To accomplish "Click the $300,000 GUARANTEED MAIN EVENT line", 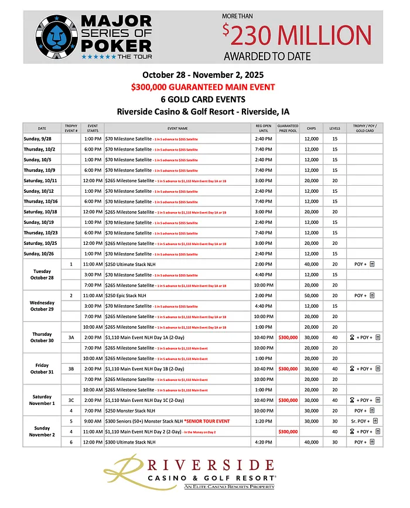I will (202, 87).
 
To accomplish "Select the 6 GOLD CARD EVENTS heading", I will (202, 99).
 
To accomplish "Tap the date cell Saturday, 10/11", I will (42, 180).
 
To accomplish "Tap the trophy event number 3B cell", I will (71, 369).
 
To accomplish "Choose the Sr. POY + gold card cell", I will (368, 421).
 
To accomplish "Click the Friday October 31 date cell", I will (42, 369).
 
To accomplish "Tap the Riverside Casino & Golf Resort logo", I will (202, 475).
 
